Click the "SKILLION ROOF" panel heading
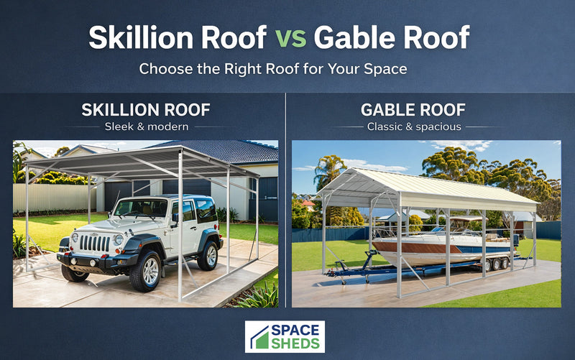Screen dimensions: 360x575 [x=146, y=110]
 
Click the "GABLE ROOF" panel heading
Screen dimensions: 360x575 [x=413, y=110]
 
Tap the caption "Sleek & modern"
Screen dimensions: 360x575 [x=146, y=127]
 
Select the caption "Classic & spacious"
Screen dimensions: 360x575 [x=414, y=127]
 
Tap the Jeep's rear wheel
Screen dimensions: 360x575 [x=208, y=255]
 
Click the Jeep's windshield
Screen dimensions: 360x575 [x=142, y=208]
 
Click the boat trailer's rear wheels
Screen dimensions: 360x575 [x=495, y=264]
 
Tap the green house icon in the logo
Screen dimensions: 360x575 [x=259, y=337]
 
